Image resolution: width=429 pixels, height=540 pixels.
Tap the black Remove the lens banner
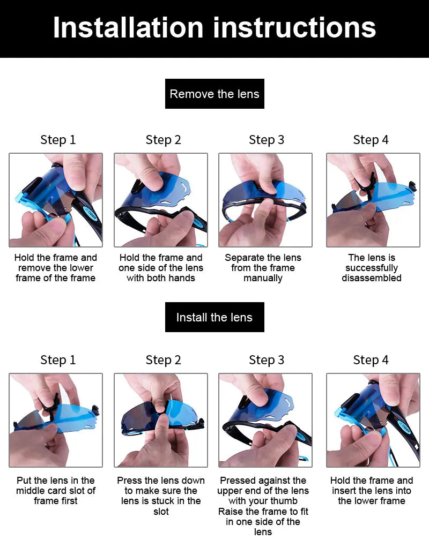pos(214,94)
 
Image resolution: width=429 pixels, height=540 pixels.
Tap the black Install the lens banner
pos(214,317)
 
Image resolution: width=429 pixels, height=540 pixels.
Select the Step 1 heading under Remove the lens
pos(58,140)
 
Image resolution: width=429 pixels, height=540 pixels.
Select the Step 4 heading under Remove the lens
pos(371,140)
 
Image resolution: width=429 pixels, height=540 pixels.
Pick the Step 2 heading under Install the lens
pos(163,360)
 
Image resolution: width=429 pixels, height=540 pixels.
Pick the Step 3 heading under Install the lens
pos(267,360)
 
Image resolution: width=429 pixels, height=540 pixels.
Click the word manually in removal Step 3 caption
pos(263,278)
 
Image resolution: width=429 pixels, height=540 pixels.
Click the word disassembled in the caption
pos(372,278)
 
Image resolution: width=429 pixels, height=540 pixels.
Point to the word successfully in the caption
pos(372,268)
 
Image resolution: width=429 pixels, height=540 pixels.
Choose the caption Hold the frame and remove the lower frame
pos(56,268)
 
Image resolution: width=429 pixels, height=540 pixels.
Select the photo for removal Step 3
pos(265,200)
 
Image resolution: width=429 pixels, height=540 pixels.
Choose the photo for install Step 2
pos(161,420)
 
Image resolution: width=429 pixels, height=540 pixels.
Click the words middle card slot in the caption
pos(56,490)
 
